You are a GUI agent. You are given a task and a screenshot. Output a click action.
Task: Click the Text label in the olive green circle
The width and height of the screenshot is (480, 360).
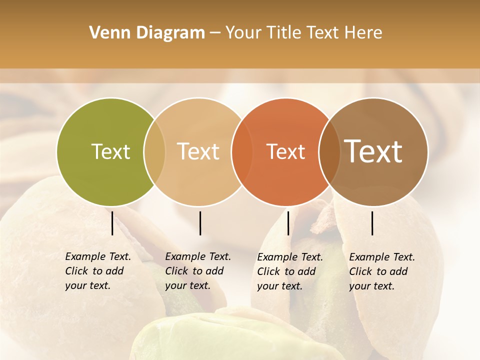tap(110, 151)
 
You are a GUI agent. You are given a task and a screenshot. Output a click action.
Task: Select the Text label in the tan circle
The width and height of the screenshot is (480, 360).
tap(198, 151)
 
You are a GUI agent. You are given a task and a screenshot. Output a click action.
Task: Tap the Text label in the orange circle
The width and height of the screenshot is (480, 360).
tap(285, 151)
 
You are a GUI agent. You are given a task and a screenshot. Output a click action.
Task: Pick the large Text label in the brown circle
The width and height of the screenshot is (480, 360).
tap(373, 151)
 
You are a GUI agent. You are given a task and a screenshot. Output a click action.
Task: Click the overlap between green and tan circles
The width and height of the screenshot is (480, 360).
tap(154, 152)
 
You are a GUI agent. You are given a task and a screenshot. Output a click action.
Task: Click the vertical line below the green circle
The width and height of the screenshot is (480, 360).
tap(112, 223)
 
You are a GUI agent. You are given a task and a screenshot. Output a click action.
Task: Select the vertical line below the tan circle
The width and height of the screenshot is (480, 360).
tap(200, 223)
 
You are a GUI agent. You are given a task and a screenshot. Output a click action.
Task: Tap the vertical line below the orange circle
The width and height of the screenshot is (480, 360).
tap(288, 223)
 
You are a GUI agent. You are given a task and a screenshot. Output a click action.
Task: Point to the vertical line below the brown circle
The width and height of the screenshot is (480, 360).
tap(372, 223)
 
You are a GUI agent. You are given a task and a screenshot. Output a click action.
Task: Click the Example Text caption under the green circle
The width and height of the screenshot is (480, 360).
tap(98, 271)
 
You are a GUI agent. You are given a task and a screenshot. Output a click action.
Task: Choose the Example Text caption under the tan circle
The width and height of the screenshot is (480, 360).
tap(198, 271)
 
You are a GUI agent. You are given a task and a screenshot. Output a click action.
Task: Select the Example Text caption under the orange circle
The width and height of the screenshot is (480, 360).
tap(290, 271)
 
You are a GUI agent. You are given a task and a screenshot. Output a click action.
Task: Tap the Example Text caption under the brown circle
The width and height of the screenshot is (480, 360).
tap(382, 271)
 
